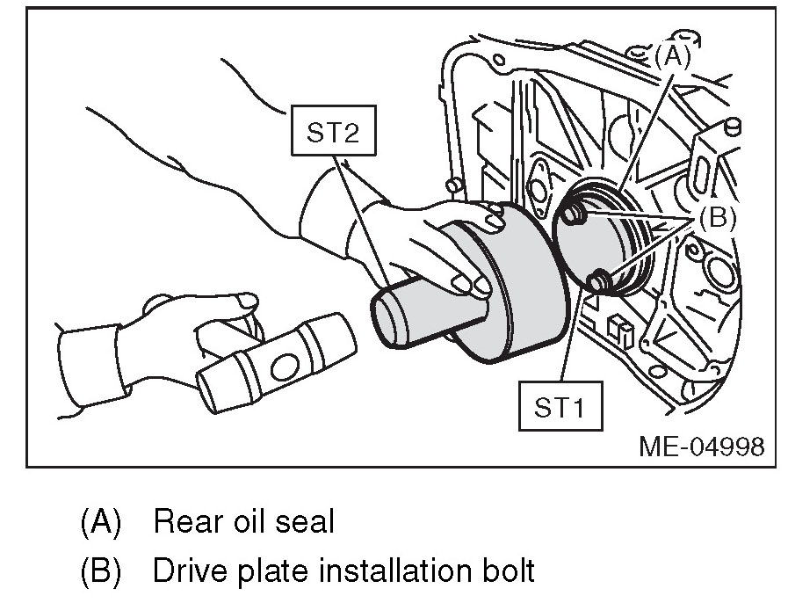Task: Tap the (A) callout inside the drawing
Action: tap(673, 57)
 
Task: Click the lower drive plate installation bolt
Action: tap(601, 280)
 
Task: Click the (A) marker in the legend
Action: tap(99, 522)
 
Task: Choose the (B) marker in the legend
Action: tap(99, 571)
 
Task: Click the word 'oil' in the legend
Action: tap(252, 522)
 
